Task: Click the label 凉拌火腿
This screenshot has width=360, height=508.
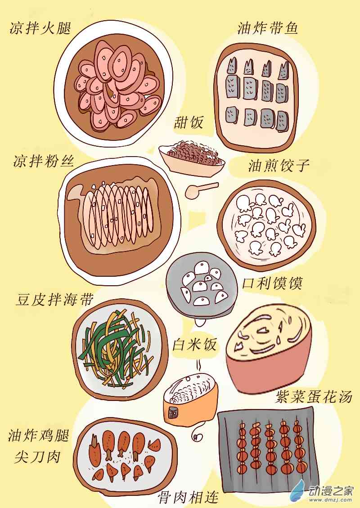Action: [40, 28]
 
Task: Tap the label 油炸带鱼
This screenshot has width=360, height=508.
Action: [268, 28]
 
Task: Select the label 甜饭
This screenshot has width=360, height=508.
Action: [189, 122]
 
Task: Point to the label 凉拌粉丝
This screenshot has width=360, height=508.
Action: [44, 161]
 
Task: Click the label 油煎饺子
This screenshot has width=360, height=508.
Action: [279, 165]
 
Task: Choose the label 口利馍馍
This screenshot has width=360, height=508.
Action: [272, 283]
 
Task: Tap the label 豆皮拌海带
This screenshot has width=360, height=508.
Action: [55, 299]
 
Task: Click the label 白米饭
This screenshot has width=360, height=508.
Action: [194, 344]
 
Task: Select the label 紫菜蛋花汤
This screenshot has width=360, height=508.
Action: [314, 396]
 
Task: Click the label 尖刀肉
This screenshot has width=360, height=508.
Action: [38, 457]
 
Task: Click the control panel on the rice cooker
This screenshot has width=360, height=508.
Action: [173, 413]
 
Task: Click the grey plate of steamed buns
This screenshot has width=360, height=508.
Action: [202, 287]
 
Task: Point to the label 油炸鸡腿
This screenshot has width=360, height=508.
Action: [39, 435]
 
